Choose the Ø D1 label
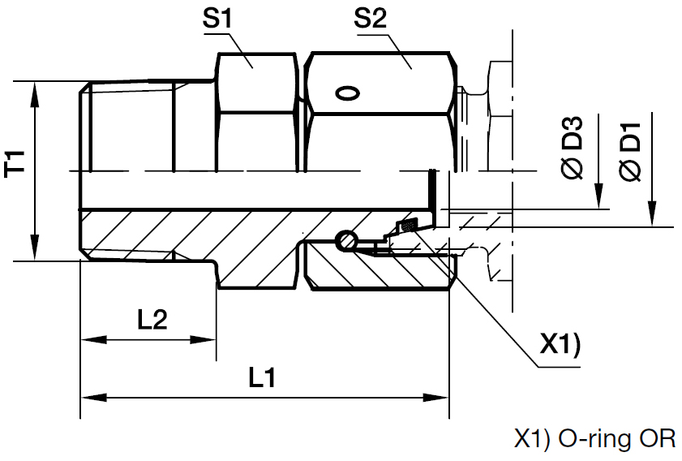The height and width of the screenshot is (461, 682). tap(630, 151)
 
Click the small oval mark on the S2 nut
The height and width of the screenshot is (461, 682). tap(346, 94)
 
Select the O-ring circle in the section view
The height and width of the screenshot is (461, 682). tap(345, 239)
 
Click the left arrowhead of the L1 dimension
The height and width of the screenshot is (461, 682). tap(89, 398)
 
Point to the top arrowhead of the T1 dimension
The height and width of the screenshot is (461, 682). tap(34, 90)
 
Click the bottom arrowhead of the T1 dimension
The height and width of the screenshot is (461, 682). tap(34, 252)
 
